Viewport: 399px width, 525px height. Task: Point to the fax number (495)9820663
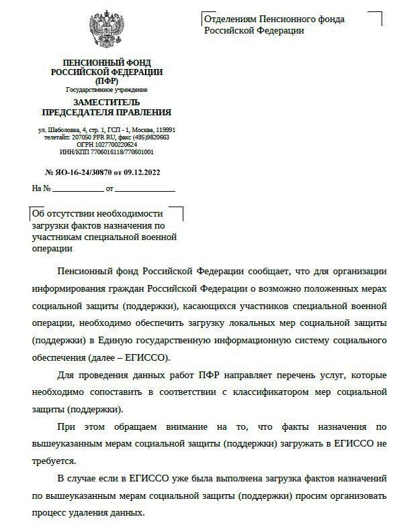click(151, 137)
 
